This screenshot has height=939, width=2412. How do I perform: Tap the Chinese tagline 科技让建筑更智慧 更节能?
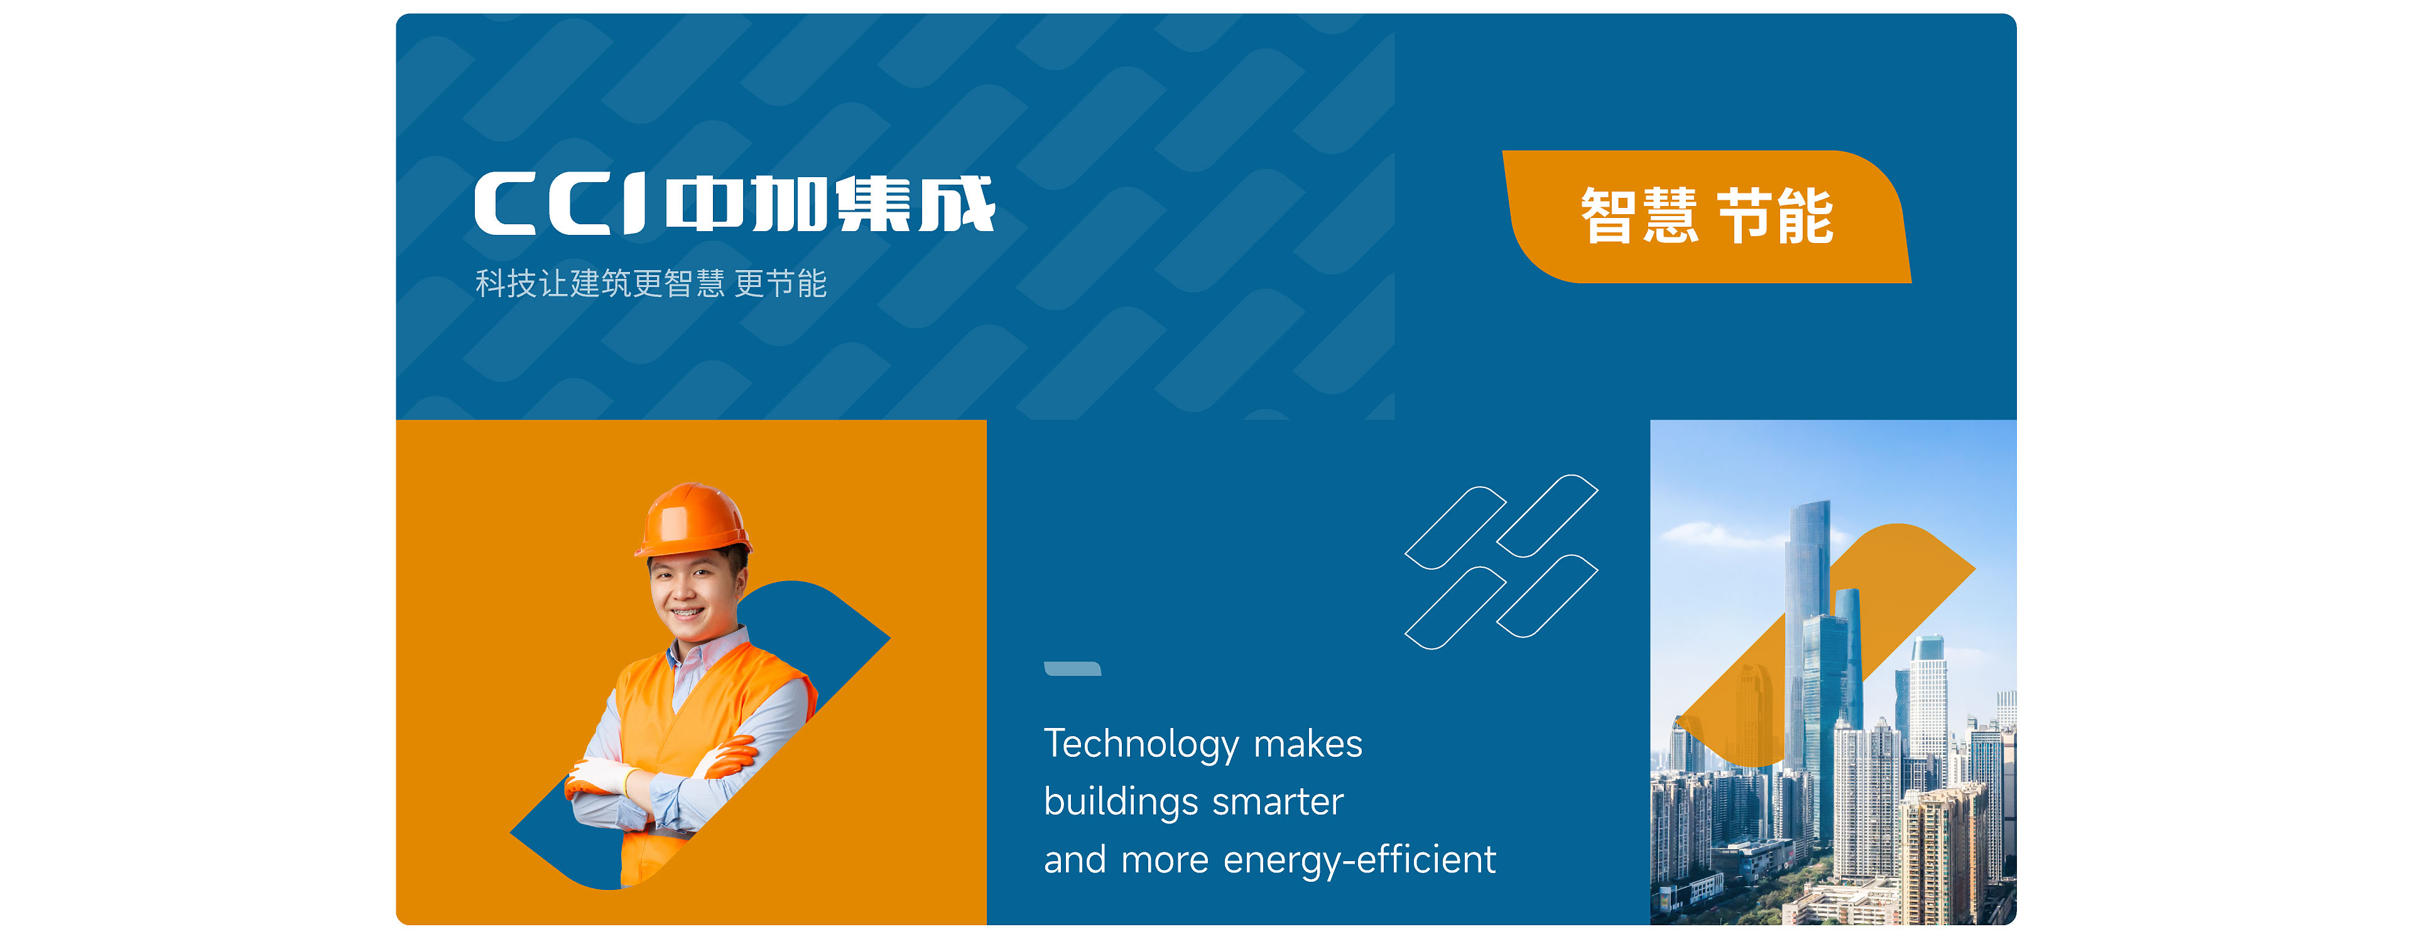tap(651, 283)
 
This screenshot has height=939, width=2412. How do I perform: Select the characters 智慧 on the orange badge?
tap(1639, 216)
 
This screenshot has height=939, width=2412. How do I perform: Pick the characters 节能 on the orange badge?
tap(1775, 216)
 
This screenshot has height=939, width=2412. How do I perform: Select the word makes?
tap(1308, 744)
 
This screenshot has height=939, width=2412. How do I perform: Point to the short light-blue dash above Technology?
tap(1072, 668)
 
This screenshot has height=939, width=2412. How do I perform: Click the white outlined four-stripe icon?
tap(1502, 562)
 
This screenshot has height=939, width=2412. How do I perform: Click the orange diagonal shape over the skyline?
tap(1826, 646)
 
